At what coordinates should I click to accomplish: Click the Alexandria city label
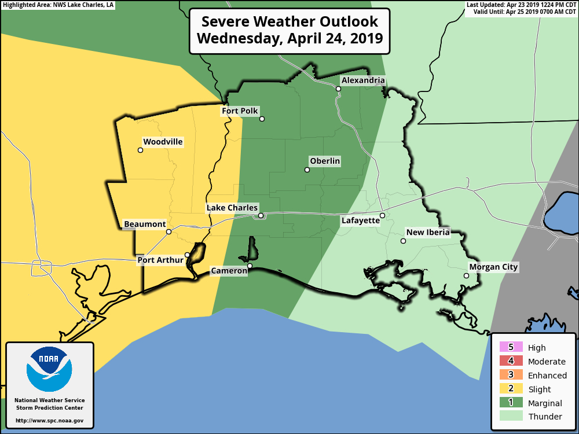click(x=362, y=80)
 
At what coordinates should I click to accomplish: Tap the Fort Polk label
click(x=240, y=111)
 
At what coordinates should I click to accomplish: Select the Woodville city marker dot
click(x=140, y=150)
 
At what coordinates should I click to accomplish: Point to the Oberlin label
click(x=325, y=161)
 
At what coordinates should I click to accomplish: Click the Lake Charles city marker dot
click(x=261, y=216)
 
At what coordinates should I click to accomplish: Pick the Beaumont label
click(x=145, y=224)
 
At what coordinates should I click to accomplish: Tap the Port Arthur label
click(x=160, y=260)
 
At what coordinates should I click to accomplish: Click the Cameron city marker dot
click(x=250, y=266)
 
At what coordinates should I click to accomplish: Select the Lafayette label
click(x=360, y=220)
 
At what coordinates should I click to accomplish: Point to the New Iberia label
click(x=428, y=233)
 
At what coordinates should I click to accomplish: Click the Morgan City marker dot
click(x=466, y=276)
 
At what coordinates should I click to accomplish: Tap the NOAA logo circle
click(x=49, y=369)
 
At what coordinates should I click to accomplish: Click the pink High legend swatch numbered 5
click(x=511, y=347)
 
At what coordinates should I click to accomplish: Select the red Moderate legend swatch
click(x=511, y=361)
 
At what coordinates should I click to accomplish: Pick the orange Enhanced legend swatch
click(x=511, y=375)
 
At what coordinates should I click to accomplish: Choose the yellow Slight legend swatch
click(x=511, y=389)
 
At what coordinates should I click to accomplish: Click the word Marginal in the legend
click(x=544, y=403)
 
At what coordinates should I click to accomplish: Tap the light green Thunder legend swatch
click(x=511, y=416)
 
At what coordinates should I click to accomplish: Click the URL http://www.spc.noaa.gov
click(x=49, y=420)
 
